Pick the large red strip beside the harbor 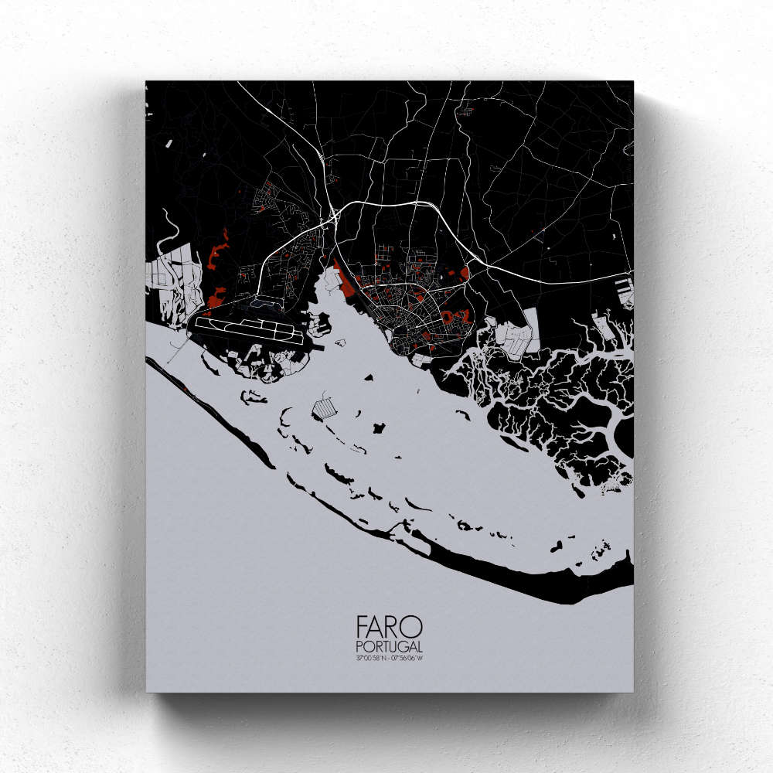[346, 283]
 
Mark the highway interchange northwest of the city [332, 216]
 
